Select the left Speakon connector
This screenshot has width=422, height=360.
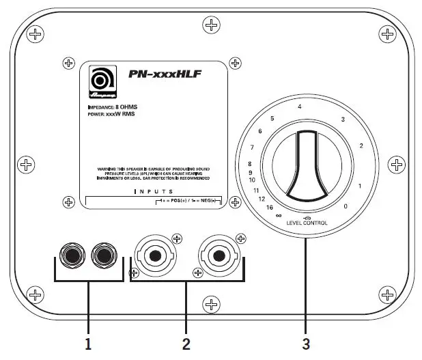pyautogui.click(x=155, y=257)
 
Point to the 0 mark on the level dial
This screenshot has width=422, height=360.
pyautogui.click(x=346, y=206)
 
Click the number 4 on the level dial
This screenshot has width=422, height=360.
pyautogui.click(x=299, y=107)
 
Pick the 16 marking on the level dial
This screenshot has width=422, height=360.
pyautogui.click(x=271, y=206)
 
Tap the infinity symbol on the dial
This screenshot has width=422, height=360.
pyautogui.click(x=279, y=214)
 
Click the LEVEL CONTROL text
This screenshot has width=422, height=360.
pyautogui.click(x=307, y=223)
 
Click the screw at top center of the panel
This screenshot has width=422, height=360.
pyautogui.click(x=213, y=26)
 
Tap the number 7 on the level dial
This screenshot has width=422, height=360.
pyautogui.click(x=253, y=148)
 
